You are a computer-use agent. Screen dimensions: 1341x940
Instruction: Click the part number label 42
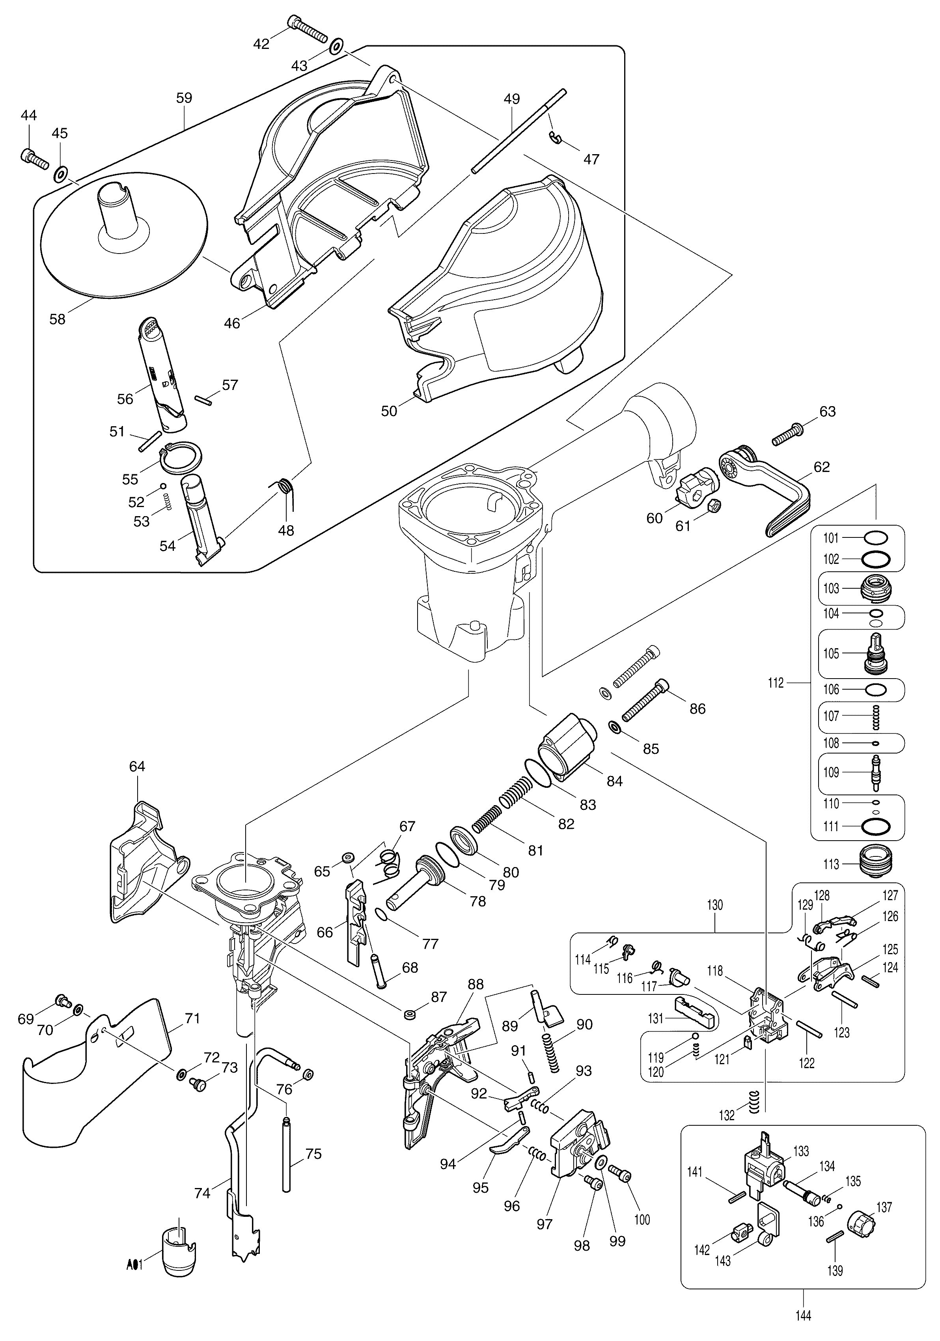click(261, 44)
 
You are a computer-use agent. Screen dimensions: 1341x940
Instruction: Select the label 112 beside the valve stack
click(776, 683)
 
